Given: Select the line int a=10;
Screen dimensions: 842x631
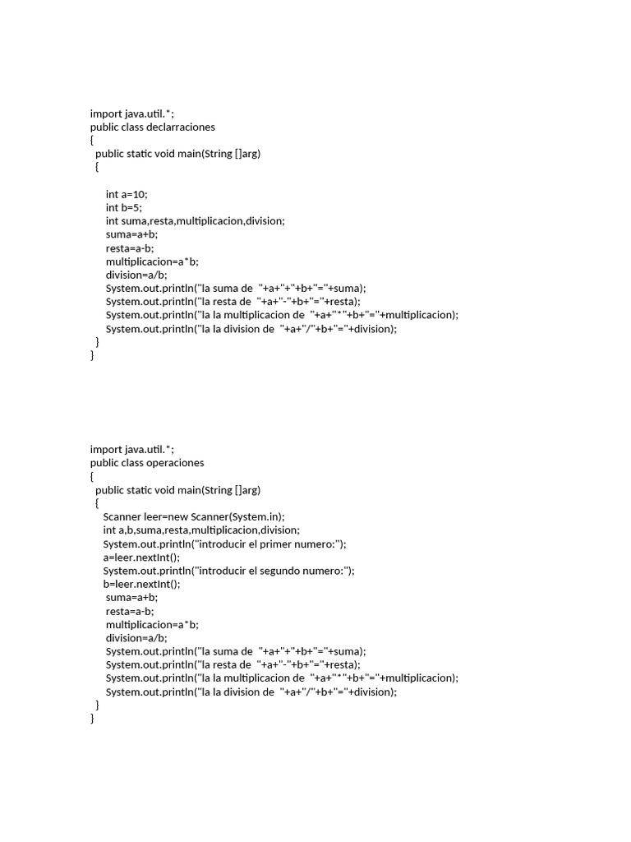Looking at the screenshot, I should click(x=127, y=195).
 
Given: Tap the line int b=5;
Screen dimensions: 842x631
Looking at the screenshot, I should click(x=123, y=208).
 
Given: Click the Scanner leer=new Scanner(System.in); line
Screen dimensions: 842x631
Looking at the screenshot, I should click(x=194, y=516).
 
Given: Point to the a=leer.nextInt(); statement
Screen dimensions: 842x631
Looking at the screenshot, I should click(x=141, y=557).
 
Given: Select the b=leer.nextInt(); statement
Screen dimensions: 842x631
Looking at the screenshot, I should click(x=141, y=584).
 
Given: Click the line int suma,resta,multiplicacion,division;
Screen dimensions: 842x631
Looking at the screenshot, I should click(x=196, y=221).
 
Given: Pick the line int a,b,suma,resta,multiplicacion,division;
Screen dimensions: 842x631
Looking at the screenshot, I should click(x=201, y=530).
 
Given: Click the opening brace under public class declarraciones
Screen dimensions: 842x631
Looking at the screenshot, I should click(x=93, y=141).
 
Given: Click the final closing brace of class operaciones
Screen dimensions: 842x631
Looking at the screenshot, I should click(x=93, y=719).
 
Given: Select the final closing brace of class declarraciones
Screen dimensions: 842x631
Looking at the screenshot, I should click(x=93, y=356).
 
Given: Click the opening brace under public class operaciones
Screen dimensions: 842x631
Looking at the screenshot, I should click(x=93, y=476).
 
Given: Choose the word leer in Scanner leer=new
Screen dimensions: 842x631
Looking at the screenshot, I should click(x=156, y=516).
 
